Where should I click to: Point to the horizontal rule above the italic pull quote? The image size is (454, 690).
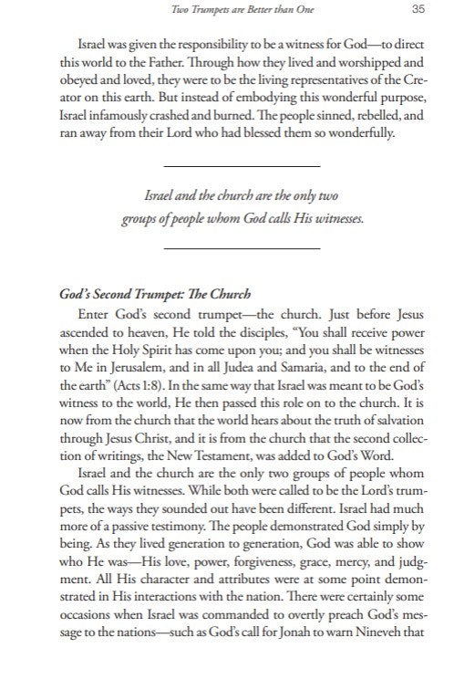point(242,166)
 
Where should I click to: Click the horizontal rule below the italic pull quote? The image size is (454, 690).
point(242,248)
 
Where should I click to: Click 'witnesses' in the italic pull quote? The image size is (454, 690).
point(331,220)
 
